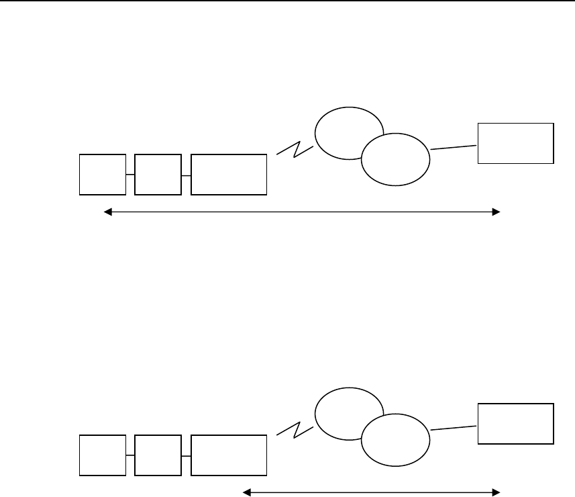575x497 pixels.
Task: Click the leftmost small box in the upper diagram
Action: click(x=103, y=175)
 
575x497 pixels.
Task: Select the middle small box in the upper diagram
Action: click(x=158, y=175)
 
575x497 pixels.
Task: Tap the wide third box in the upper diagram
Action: click(x=229, y=175)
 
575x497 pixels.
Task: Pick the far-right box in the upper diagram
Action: click(x=515, y=143)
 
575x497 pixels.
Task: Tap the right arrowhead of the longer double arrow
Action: click(x=496, y=212)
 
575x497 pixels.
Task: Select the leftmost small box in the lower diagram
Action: click(x=103, y=455)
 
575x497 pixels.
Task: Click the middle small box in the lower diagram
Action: click(x=158, y=455)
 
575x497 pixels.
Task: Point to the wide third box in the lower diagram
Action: click(x=229, y=455)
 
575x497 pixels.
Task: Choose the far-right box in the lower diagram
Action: click(x=515, y=423)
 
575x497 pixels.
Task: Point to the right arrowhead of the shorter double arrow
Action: click(x=496, y=492)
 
